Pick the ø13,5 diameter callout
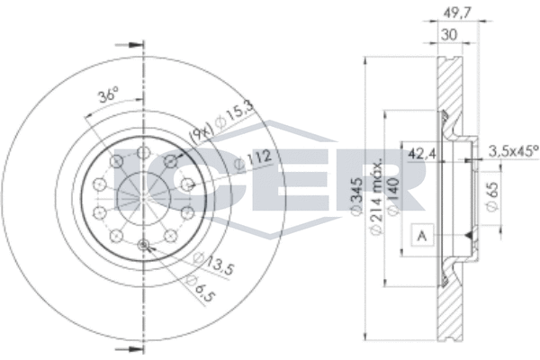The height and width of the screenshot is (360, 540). (210, 264)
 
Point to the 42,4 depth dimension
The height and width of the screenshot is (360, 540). (420, 152)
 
